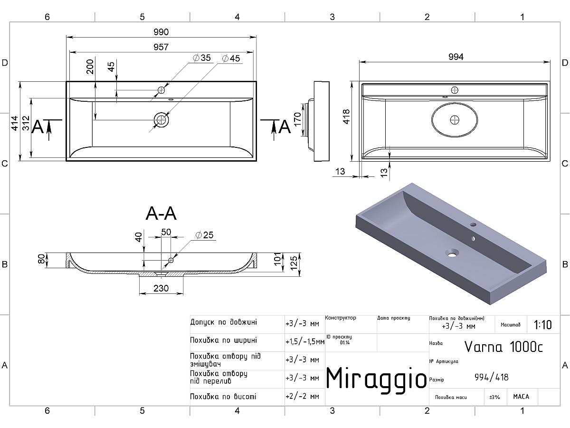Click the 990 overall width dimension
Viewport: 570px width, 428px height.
pos(161,32)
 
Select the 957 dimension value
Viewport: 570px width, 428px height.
pos(161,47)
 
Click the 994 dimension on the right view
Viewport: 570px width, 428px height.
pos(456,57)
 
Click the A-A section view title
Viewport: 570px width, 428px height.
pos(161,214)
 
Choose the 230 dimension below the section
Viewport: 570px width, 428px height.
pos(161,288)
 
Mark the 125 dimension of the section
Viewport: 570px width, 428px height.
pos(294,262)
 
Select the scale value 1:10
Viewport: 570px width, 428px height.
pos(543,325)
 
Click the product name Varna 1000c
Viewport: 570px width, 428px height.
pos(503,347)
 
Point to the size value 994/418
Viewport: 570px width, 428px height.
pos(491,377)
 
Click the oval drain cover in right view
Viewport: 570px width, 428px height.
pos(455,120)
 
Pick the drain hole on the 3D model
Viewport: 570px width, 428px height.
pos(450,252)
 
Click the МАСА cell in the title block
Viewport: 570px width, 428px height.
pos(521,396)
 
